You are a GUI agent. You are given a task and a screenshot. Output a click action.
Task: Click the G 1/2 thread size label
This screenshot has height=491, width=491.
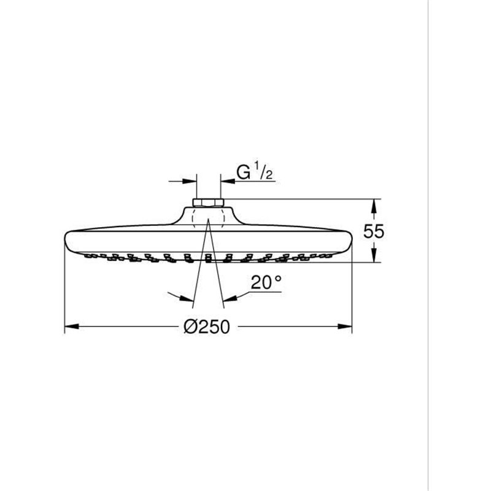tap(255, 173)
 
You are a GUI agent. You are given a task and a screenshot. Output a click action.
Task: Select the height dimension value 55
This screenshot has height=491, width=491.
tap(373, 231)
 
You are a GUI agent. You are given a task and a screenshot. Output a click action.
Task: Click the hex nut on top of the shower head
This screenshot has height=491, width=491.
tap(208, 203)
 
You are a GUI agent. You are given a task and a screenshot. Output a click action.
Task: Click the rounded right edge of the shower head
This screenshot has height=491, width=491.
tap(350, 241)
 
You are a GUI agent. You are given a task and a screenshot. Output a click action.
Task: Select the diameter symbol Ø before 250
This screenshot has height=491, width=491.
tap(189, 327)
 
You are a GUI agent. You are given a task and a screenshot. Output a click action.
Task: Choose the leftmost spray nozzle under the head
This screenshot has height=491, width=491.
tap(90, 254)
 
